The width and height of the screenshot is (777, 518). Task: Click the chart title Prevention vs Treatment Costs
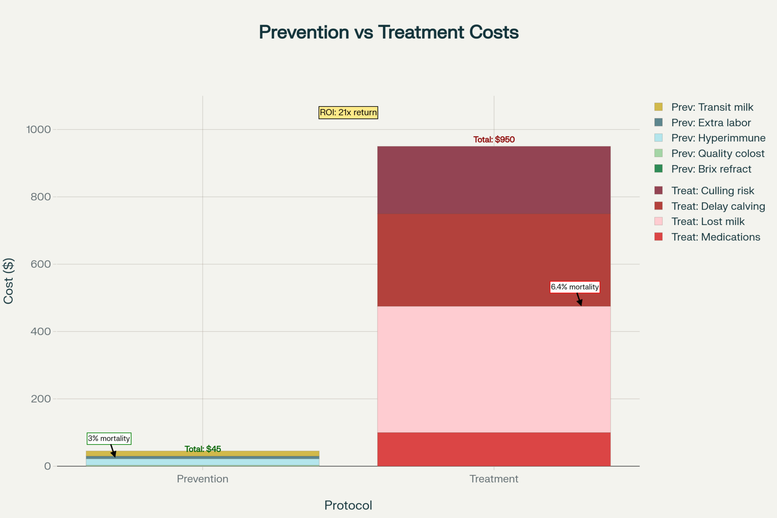(388, 32)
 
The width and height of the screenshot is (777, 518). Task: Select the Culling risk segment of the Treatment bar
(494, 180)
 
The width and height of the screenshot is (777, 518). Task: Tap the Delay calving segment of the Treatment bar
(494, 260)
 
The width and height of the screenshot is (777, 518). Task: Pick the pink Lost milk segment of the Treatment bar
(494, 369)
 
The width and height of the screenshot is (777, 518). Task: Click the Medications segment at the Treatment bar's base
(494, 449)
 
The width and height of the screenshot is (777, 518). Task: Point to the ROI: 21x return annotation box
(348, 113)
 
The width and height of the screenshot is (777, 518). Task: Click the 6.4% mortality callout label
(575, 287)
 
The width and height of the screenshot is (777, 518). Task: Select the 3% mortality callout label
(109, 439)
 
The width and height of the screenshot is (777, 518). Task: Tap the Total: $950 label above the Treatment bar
(494, 140)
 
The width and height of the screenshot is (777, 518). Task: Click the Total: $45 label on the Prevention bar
(202, 449)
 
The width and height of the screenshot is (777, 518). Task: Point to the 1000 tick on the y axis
(38, 129)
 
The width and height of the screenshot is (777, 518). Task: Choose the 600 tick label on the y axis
(40, 264)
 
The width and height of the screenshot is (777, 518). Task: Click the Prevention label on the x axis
(202, 479)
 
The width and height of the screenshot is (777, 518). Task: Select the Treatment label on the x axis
(494, 479)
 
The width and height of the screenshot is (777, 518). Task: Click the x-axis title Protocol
(348, 505)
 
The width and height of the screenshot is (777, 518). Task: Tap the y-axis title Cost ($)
(9, 281)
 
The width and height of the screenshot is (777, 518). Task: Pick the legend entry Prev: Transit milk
(712, 107)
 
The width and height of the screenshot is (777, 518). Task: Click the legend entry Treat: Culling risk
(713, 191)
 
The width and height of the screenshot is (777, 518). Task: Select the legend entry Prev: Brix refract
(711, 169)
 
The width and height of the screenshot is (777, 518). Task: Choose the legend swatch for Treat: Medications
(659, 237)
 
